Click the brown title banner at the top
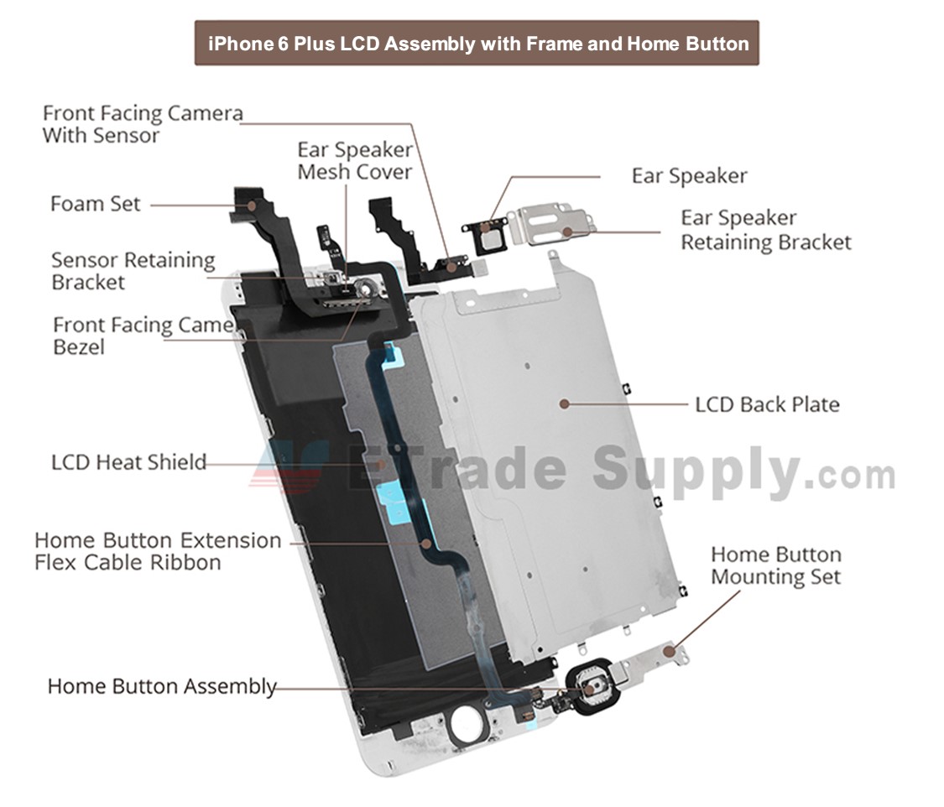(x=477, y=43)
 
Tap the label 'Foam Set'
(x=95, y=204)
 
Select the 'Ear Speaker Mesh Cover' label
(x=355, y=161)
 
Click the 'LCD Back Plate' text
(x=767, y=404)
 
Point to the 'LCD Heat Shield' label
(x=128, y=462)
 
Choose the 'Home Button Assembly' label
(x=162, y=686)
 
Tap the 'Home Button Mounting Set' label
(x=775, y=566)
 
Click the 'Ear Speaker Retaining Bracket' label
(x=765, y=230)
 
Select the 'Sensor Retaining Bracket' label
(x=133, y=271)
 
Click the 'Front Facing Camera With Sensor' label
(x=143, y=123)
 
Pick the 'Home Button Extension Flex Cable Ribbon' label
(x=158, y=551)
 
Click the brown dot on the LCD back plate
(x=565, y=403)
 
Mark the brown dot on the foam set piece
(x=250, y=204)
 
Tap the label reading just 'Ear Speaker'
(x=689, y=176)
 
